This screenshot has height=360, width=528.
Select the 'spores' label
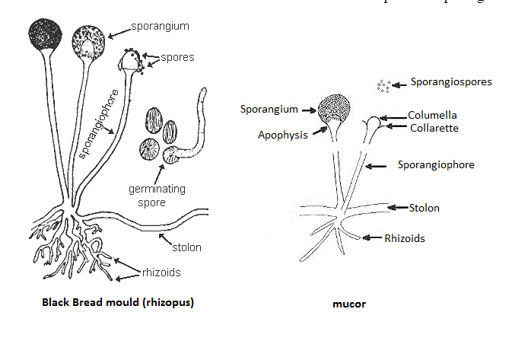point(177,57)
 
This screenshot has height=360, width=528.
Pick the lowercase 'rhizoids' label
point(161,272)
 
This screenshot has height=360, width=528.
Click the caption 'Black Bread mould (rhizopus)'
point(118,302)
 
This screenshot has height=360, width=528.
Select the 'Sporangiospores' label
point(451,81)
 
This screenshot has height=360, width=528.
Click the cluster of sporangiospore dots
point(383,87)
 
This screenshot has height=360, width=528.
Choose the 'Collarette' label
point(434,128)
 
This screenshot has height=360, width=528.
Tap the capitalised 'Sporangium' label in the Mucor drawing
point(270,109)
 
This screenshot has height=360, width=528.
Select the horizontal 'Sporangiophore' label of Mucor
point(436,164)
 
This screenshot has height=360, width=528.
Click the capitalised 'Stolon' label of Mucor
point(424,207)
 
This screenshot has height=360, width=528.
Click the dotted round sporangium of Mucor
point(336,110)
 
